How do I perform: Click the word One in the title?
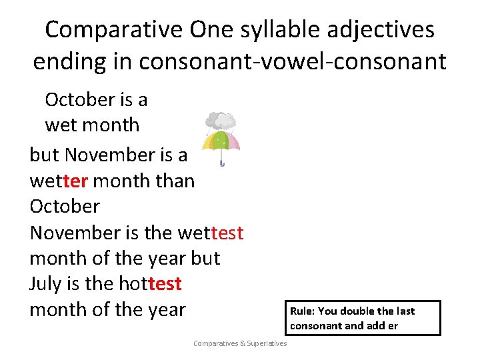tap(207, 29)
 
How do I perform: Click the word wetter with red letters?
tap(59, 181)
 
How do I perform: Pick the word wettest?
tap(211, 233)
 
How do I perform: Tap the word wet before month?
tap(61, 125)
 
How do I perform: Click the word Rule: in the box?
tap(304, 311)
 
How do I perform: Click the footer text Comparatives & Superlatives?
tap(240, 343)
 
